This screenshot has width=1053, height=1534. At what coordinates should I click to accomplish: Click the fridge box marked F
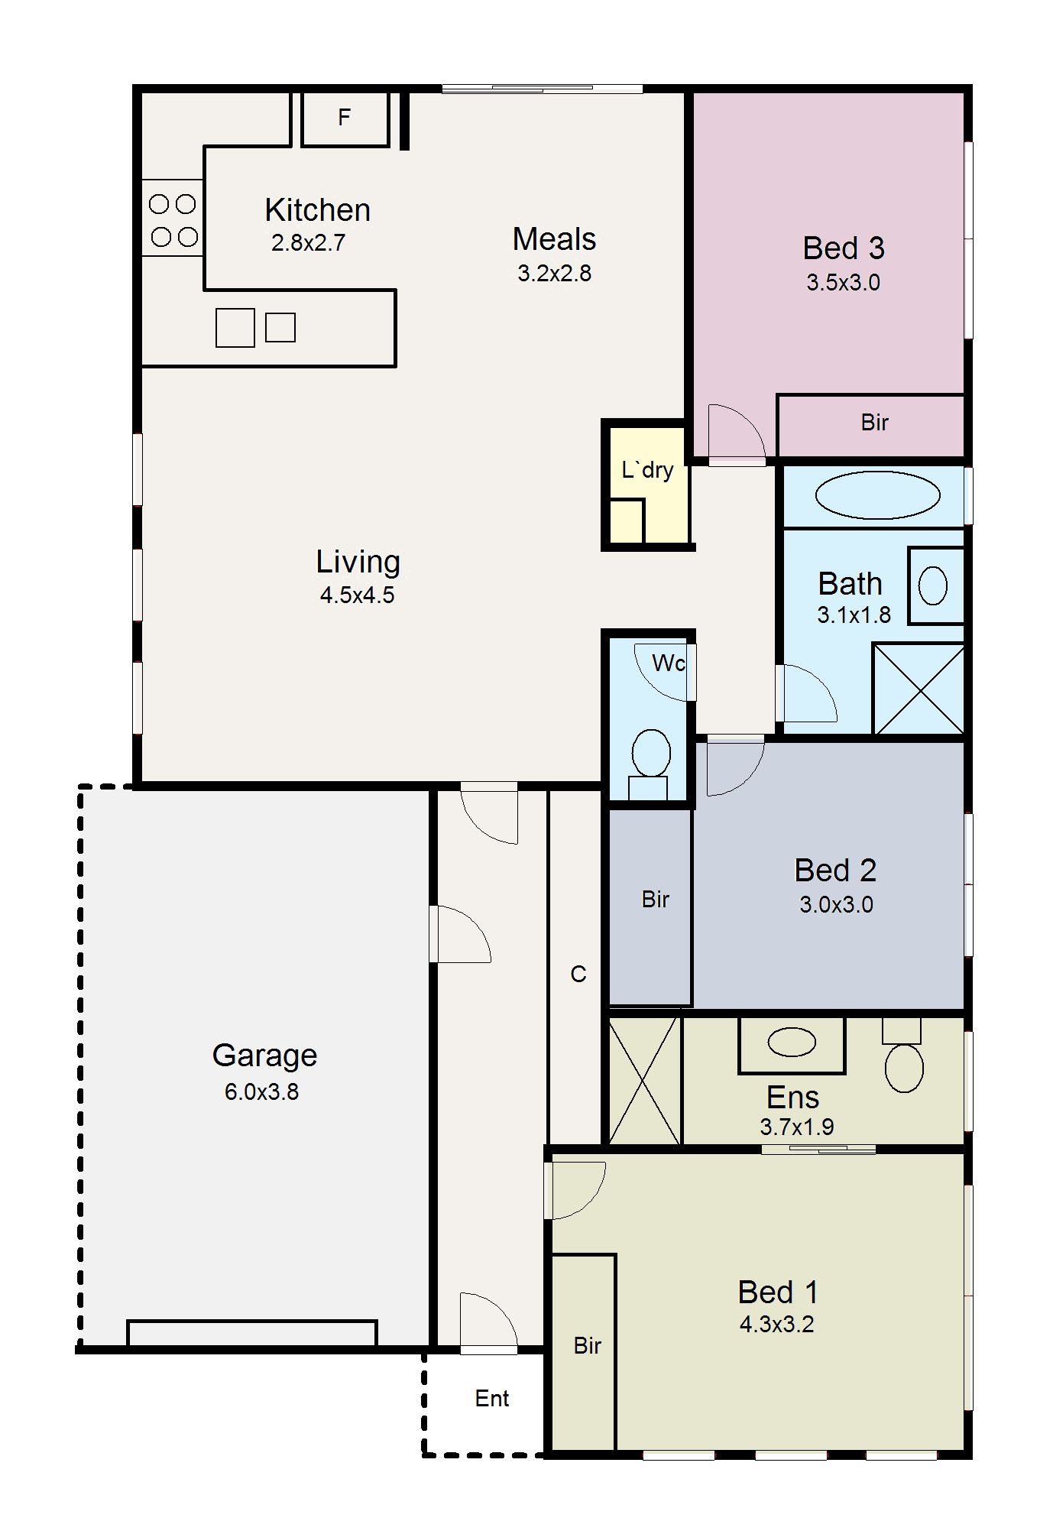[x=345, y=118]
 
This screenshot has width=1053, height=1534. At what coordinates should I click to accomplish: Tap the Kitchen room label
[x=318, y=209]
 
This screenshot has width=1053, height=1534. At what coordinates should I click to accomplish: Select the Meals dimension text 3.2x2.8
[x=554, y=273]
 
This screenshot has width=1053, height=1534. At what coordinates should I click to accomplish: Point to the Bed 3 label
[x=844, y=248]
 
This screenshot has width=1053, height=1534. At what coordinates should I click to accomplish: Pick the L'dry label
[x=647, y=469]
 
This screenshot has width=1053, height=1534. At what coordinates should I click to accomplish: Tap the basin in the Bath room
[x=932, y=586]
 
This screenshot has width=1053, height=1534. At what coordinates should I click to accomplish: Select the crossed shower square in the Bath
[x=919, y=689]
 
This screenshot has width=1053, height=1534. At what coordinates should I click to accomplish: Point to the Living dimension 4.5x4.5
[x=357, y=595]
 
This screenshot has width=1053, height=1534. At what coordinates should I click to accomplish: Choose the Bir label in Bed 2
[x=655, y=900]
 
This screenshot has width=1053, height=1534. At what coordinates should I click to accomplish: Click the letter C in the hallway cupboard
[x=578, y=974]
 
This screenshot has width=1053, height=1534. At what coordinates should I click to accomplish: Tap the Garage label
[x=264, y=1056]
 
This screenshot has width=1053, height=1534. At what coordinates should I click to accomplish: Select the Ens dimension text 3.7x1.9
[x=797, y=1127]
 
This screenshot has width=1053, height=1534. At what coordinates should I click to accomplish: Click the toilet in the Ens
[x=903, y=1055]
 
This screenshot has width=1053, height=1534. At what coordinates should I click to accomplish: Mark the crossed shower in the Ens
[x=644, y=1081]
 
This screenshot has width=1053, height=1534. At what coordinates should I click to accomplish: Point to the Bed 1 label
[x=778, y=1292]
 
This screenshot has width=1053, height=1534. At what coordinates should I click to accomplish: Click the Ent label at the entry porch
[x=491, y=1398]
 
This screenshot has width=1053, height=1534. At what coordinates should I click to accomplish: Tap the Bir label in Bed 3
[x=874, y=422]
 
